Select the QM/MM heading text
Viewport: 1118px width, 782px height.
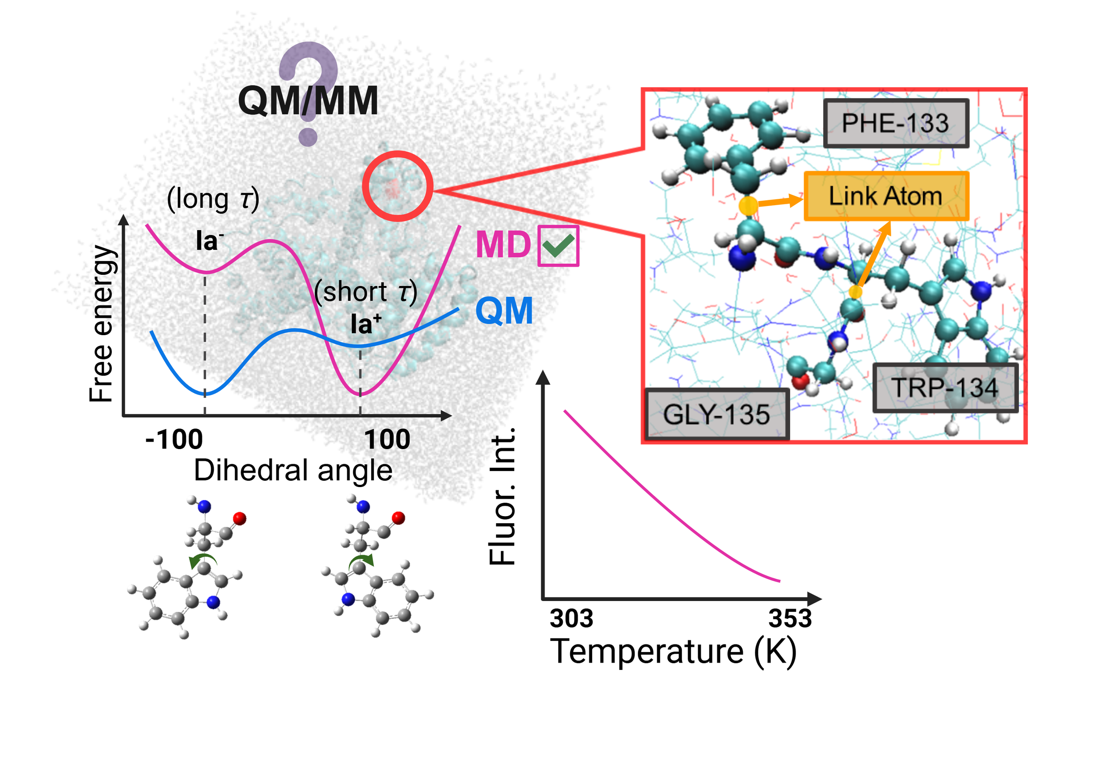pos(308,101)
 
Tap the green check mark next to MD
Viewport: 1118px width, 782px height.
pos(559,245)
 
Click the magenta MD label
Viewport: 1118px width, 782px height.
pos(503,244)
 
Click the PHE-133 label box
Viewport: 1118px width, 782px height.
pos(896,123)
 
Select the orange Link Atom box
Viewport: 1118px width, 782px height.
pos(886,196)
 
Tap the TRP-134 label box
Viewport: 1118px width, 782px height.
pos(945,388)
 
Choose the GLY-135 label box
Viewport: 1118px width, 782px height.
pos(717,415)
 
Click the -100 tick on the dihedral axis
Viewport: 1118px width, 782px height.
pos(174,439)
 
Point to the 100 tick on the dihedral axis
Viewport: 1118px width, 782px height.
pos(387,439)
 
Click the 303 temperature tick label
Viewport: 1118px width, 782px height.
pos(571,618)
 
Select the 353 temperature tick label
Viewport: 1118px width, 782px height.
pos(790,618)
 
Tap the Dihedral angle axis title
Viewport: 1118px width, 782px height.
pos(293,471)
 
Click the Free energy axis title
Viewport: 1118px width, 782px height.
pos(102,324)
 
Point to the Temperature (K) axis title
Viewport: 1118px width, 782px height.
pos(673,652)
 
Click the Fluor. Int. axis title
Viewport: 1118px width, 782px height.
pos(502,496)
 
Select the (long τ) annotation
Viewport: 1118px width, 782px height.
pos(213,198)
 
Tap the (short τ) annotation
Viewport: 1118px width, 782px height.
pos(366,291)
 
